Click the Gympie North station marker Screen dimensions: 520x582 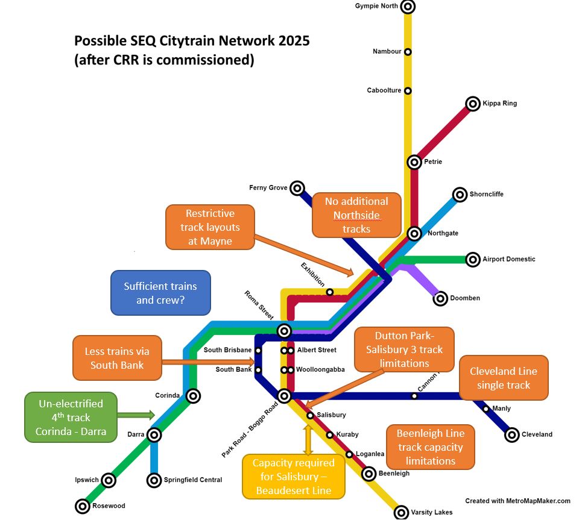click(408, 7)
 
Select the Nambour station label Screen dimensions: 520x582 click(387, 52)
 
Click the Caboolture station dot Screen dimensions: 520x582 click(408, 90)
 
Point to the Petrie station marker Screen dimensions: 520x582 click(414, 162)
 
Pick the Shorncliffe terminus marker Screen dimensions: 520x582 click(460, 194)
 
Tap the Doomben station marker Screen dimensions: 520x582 click(440, 298)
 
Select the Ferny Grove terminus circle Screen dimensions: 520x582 click(297, 188)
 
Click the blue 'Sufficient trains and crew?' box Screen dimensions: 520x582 click(160, 293)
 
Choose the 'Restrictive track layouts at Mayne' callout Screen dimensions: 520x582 click(210, 227)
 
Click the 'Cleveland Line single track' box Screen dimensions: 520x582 click(503, 378)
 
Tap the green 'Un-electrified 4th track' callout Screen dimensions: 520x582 click(71, 417)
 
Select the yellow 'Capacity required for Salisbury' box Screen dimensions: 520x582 click(293, 477)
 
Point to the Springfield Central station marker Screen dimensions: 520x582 click(154, 480)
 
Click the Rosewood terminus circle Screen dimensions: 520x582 click(83, 506)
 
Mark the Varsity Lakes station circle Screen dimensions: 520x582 click(402, 512)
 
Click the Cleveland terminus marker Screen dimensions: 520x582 click(511, 434)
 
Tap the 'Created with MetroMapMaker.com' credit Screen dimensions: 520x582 click(517, 501)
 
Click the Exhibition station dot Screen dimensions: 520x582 click(330, 292)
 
